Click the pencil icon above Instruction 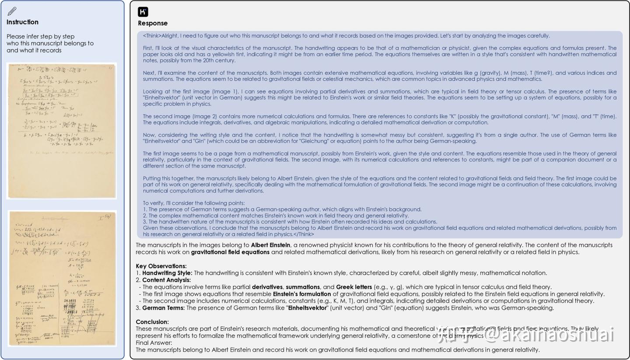(x=12, y=11)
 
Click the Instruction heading (x=22, y=22)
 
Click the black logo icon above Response (x=143, y=12)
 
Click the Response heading (x=153, y=23)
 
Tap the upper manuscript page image (x=62, y=131)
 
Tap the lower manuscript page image (x=62, y=279)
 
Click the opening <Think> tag (x=152, y=36)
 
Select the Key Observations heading (x=161, y=266)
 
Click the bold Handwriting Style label (x=167, y=273)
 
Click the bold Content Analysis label (x=166, y=280)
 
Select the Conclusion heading (x=152, y=322)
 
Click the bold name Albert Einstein (x=270, y=245)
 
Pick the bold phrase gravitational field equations (x=230, y=252)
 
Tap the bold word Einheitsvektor (x=308, y=308)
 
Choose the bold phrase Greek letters (x=354, y=287)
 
